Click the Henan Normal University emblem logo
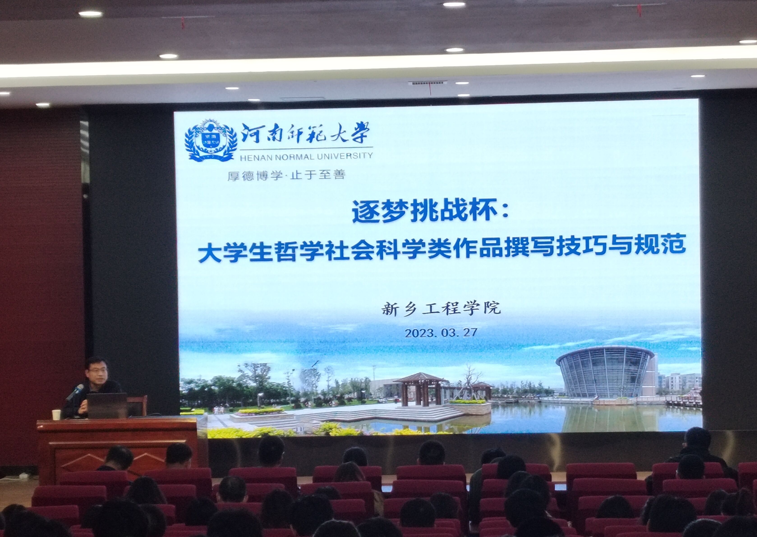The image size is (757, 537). pos(211,141)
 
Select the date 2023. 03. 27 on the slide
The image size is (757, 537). pos(441,332)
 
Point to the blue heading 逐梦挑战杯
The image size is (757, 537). pos(425,211)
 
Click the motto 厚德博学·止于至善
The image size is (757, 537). pos(286,175)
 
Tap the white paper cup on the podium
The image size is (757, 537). pos(57,414)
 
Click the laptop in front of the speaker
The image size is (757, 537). pos(107,405)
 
